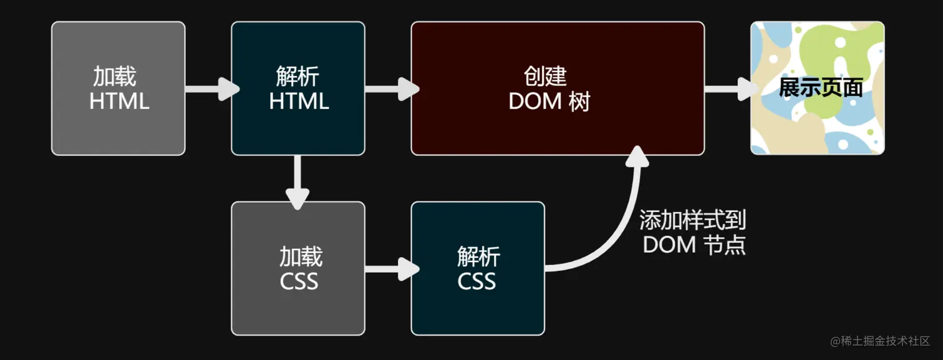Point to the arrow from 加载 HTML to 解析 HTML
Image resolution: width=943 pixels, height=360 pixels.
point(211,89)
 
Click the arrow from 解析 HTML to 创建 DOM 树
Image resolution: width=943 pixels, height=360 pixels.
point(390,89)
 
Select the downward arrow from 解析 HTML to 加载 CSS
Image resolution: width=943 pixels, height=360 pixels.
point(297,181)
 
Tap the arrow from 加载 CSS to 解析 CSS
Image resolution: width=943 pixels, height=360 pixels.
point(390,269)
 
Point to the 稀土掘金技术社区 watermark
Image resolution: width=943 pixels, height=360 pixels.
point(879,341)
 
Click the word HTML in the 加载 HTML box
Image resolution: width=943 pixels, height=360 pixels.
point(119,102)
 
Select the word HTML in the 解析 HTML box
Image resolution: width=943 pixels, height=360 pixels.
point(299,102)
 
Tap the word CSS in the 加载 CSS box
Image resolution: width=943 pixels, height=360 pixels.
point(299,282)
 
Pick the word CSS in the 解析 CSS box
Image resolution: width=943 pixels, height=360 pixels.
point(476,282)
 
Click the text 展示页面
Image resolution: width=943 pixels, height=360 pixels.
point(820,88)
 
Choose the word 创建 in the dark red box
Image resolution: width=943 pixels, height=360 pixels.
point(545,76)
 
